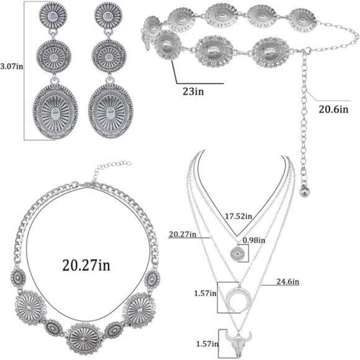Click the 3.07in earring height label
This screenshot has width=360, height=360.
pyautogui.click(x=11, y=66)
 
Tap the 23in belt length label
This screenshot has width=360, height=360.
pyautogui.click(x=193, y=91)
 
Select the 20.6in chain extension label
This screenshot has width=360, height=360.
pyautogui.click(x=333, y=109)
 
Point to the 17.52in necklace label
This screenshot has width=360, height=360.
pyautogui.click(x=238, y=216)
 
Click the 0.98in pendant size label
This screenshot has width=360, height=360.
pyautogui.click(x=254, y=240)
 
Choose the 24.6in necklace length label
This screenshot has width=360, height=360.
pyautogui.click(x=287, y=281)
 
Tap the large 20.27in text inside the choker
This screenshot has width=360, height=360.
pyautogui.click(x=86, y=265)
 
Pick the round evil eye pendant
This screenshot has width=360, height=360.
pyautogui.click(x=237, y=254)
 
